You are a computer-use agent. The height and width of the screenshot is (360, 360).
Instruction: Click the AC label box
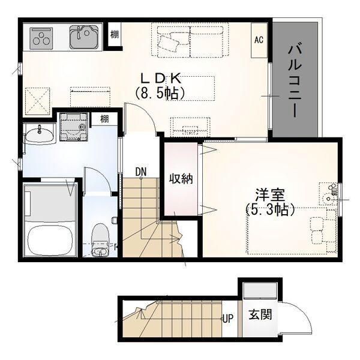click(259, 40)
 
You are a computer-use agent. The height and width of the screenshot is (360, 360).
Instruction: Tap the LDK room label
click(161, 79)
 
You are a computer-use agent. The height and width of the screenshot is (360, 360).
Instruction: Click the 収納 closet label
click(181, 178)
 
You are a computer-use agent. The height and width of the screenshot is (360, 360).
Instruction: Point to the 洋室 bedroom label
click(270, 194)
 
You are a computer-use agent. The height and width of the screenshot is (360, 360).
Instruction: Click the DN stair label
click(141, 172)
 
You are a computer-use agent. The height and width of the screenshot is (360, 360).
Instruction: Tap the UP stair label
click(228, 319)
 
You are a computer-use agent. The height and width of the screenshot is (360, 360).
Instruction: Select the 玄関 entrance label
click(260, 314)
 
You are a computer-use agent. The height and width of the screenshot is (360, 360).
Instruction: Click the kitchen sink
click(84, 37)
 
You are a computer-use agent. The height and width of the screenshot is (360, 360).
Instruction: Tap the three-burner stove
click(41, 39)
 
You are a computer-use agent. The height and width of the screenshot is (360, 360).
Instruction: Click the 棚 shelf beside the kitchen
click(115, 35)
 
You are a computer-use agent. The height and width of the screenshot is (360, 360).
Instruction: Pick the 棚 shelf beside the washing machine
click(104, 119)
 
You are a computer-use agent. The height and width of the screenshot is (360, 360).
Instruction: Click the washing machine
click(74, 127)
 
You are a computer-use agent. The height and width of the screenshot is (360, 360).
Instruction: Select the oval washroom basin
click(39, 135)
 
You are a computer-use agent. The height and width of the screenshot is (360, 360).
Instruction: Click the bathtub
click(50, 239)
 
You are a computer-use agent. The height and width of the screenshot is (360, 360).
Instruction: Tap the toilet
click(100, 239)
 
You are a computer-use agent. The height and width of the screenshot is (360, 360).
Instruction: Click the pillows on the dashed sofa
click(170, 43)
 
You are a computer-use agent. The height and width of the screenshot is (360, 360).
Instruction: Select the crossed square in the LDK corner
click(37, 101)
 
